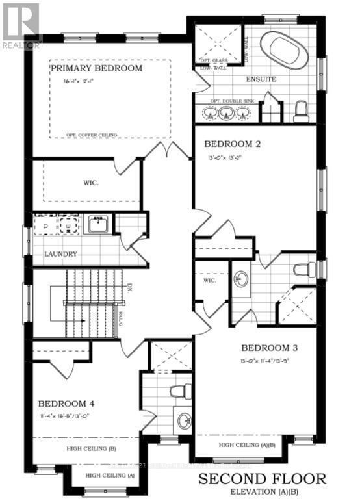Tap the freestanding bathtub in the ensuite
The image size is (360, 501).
[285, 50]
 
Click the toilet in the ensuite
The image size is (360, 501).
[301, 112]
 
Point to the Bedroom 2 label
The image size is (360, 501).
[233, 144]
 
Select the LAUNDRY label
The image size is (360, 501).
[61, 254]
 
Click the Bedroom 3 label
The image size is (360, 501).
[269, 347]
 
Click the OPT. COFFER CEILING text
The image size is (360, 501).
[92, 135]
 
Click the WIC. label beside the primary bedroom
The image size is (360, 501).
[91, 183]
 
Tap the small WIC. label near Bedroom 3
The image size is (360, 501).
[209, 281]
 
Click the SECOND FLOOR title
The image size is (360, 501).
[262, 480]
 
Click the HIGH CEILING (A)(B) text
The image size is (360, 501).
[247, 445]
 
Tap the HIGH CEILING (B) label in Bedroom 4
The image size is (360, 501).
[91, 448]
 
